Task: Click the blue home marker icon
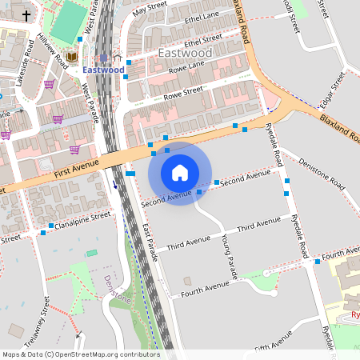tap(180, 173)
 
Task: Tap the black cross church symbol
tap(26, 15)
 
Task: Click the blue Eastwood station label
tap(104, 70)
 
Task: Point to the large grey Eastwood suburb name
tap(186, 53)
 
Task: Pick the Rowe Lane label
tap(186, 69)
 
